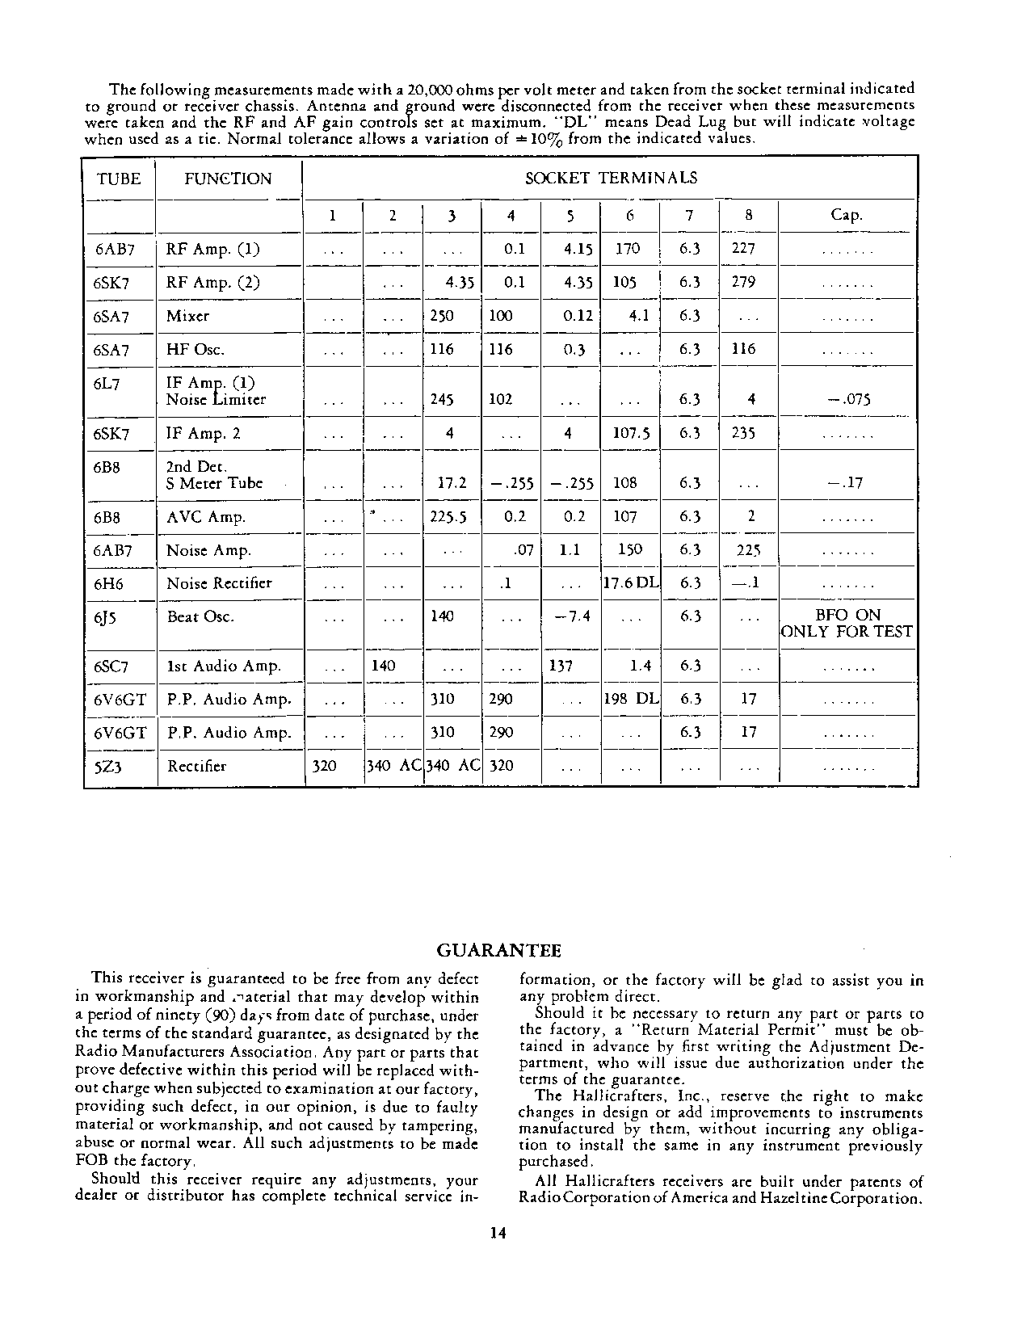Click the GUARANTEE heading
(498, 950)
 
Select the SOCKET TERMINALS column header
(610, 179)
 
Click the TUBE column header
(119, 179)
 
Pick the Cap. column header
(847, 215)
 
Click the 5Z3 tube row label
(107, 767)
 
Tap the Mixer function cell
(187, 316)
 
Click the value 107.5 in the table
(630, 433)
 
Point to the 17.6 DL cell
(631, 583)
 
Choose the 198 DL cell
(631, 699)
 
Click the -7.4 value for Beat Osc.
(571, 616)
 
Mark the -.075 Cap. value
(846, 399)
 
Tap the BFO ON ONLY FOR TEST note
(847, 624)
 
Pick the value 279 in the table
(743, 283)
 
